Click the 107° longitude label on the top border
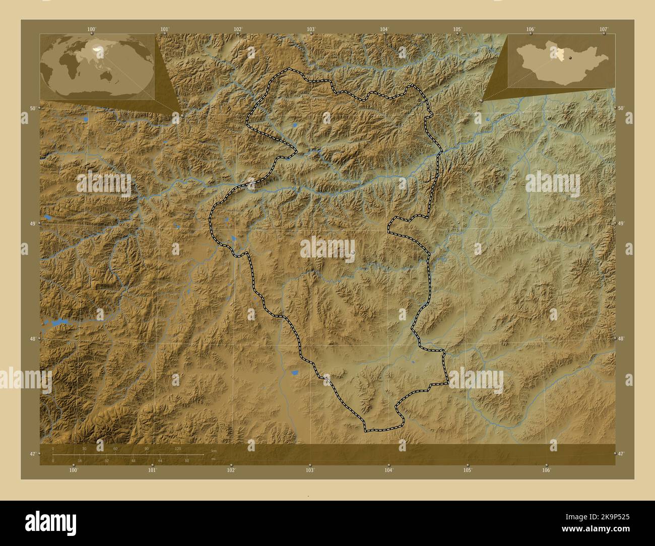pos(604,29)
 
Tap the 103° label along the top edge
pos(311,29)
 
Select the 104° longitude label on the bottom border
pos(388,470)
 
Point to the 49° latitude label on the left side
pos(31,223)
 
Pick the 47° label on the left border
pos(31,454)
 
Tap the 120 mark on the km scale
pos(177,448)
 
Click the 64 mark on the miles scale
pos(160,460)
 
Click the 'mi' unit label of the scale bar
pos(214,459)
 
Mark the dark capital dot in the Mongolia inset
pos(571,58)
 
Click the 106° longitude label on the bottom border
pos(546,470)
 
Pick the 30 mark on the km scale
pos(84,448)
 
